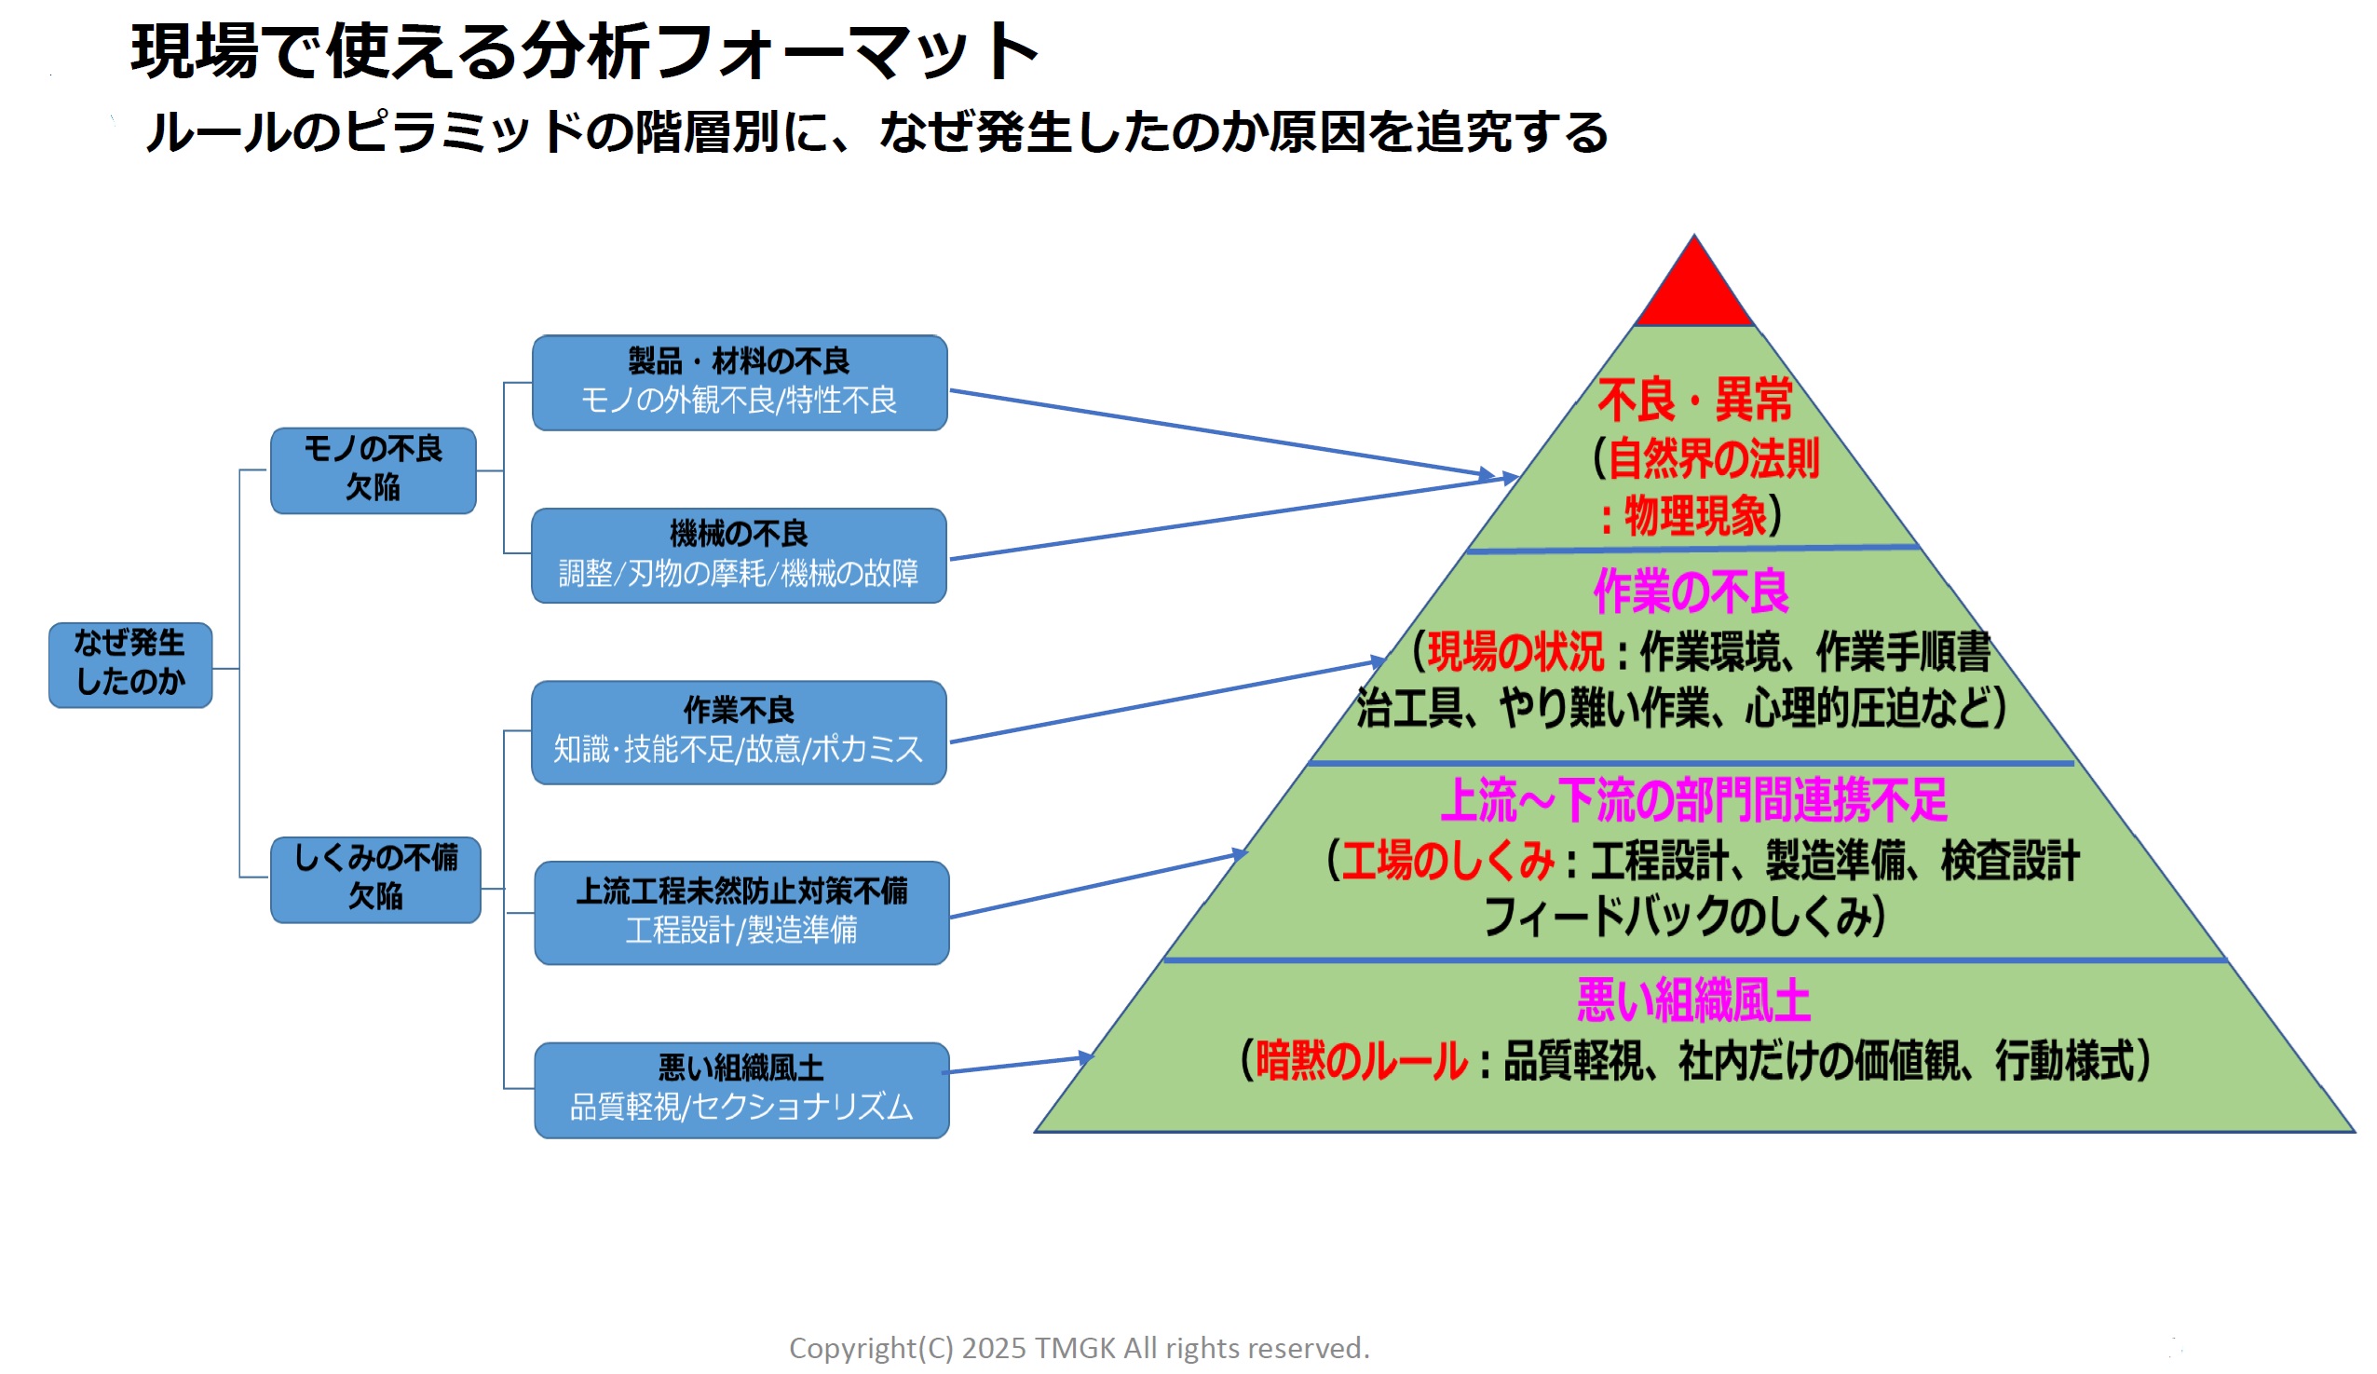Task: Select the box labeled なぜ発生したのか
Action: click(130, 664)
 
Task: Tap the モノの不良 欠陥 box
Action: click(373, 469)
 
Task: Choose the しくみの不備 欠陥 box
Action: click(375, 879)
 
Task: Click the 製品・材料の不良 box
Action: click(739, 382)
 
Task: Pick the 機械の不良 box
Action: click(739, 554)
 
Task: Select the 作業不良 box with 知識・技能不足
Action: click(739, 732)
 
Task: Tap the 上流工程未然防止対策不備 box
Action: click(741, 912)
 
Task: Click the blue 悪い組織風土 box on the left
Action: click(741, 1089)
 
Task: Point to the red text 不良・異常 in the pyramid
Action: click(1694, 400)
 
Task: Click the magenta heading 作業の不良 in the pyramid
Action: click(1691, 592)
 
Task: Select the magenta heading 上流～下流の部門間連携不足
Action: click(1693, 799)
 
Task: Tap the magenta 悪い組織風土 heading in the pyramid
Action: click(1693, 1000)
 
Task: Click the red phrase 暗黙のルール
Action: click(1361, 1060)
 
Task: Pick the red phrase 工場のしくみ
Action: click(1447, 860)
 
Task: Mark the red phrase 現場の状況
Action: click(1514, 652)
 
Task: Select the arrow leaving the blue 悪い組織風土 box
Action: click(1019, 1065)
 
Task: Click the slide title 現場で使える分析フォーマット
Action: click(585, 51)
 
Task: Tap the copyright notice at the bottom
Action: click(1080, 1348)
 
